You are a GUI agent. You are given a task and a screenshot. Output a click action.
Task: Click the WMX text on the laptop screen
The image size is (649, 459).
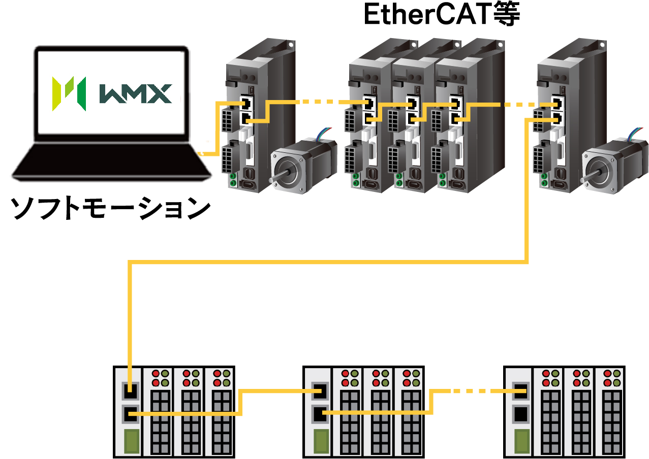(134, 93)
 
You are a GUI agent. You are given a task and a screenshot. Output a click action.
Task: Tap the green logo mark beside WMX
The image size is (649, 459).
(68, 93)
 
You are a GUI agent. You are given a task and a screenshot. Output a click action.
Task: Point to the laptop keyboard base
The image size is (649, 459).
(112, 160)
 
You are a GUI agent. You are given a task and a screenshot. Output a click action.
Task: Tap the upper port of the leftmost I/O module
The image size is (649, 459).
(131, 391)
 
